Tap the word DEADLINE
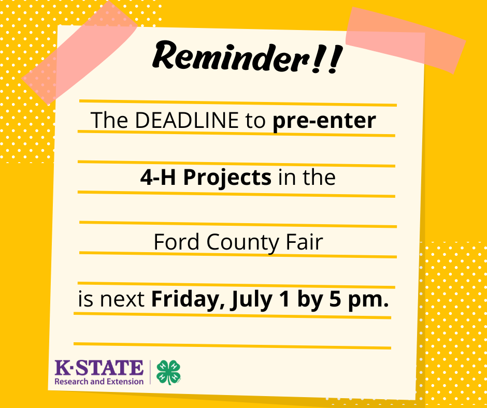pos(187,120)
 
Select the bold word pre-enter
pos(324,121)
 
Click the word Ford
pos(176,242)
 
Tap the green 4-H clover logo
pos(169,372)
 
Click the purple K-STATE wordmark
pos(99,368)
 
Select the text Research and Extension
pos(99,381)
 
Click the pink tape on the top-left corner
pos(80,52)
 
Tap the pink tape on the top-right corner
pos(405,40)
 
